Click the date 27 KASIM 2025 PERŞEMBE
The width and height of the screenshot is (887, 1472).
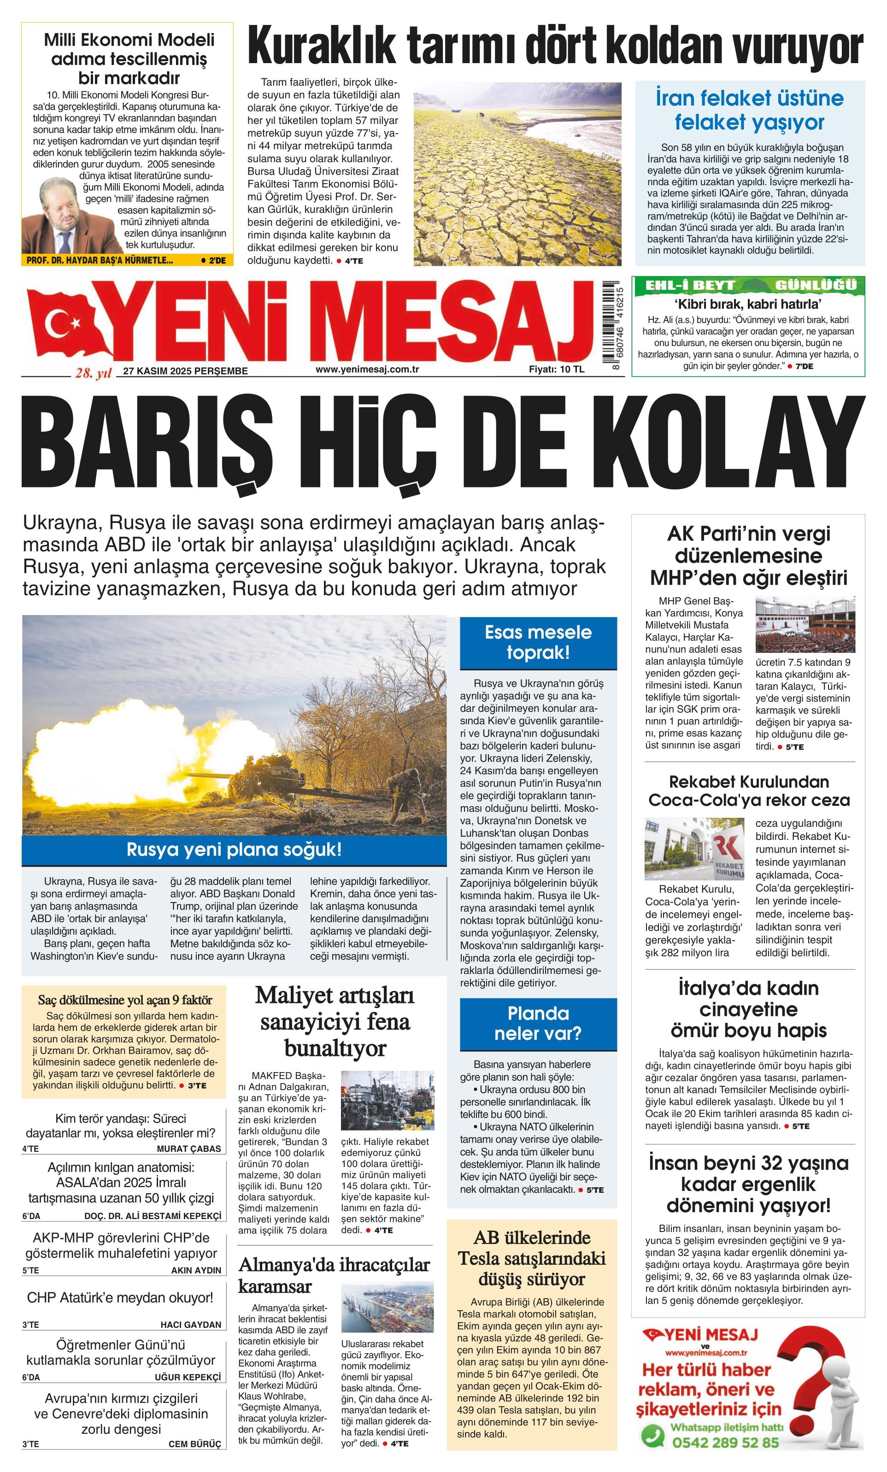pyautogui.click(x=185, y=370)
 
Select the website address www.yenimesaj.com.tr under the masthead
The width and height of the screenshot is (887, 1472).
pyautogui.click(x=367, y=369)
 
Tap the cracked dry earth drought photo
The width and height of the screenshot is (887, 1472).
pyautogui.click(x=517, y=174)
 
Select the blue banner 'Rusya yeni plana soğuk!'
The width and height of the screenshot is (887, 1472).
pyautogui.click(x=234, y=850)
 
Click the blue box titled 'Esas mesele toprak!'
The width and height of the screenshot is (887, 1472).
pyautogui.click(x=538, y=642)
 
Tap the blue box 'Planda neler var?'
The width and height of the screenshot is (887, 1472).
pyautogui.click(x=538, y=1023)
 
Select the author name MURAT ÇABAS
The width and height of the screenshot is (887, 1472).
pyautogui.click(x=189, y=1148)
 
